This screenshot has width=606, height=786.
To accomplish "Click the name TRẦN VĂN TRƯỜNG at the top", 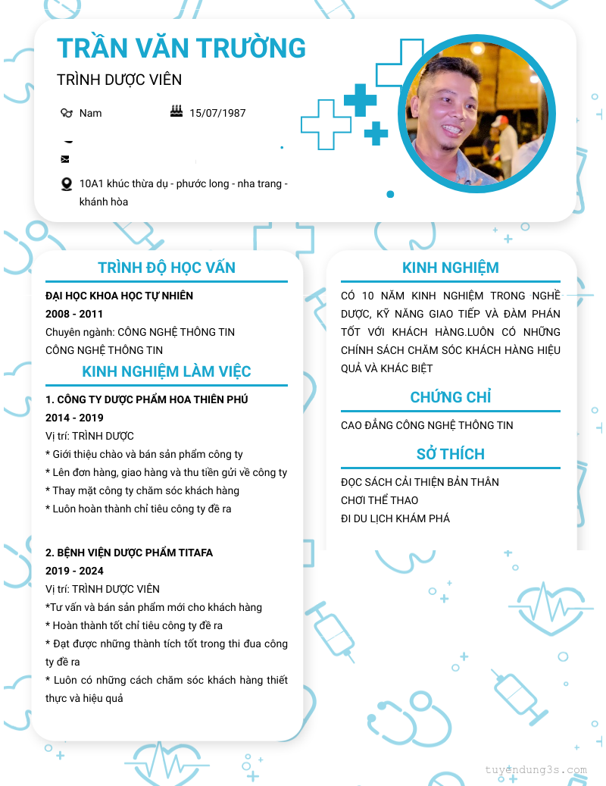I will (x=182, y=48).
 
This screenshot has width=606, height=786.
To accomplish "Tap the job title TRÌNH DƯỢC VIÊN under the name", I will (x=119, y=80).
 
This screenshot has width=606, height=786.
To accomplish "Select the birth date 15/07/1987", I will (x=217, y=113).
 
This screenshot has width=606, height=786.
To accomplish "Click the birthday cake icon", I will (x=176, y=111).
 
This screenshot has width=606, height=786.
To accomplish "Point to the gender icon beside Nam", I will (x=67, y=113).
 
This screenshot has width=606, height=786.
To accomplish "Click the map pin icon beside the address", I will (x=67, y=184).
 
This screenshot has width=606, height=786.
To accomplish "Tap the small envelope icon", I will (x=65, y=159).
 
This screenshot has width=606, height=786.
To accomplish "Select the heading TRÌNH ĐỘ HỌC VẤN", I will (x=167, y=268).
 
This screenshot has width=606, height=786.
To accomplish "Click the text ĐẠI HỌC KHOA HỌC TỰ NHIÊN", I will (x=119, y=296).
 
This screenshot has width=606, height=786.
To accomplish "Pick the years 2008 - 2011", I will (x=74, y=314).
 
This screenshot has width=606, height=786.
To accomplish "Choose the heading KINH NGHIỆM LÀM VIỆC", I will (x=167, y=371).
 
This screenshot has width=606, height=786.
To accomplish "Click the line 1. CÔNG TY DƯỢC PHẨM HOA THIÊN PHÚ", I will (x=147, y=399).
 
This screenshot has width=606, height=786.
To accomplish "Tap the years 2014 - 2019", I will (x=74, y=418).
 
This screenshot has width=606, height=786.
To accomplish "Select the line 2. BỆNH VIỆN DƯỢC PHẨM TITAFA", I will (x=129, y=553).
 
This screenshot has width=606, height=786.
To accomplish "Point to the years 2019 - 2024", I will (x=74, y=571).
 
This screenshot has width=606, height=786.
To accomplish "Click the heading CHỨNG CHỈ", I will (x=451, y=397).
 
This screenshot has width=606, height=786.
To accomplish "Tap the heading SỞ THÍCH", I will (x=451, y=454).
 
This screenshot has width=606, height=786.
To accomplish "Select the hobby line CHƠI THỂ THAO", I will (x=380, y=500).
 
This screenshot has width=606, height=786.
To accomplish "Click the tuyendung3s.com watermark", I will (x=536, y=770).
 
